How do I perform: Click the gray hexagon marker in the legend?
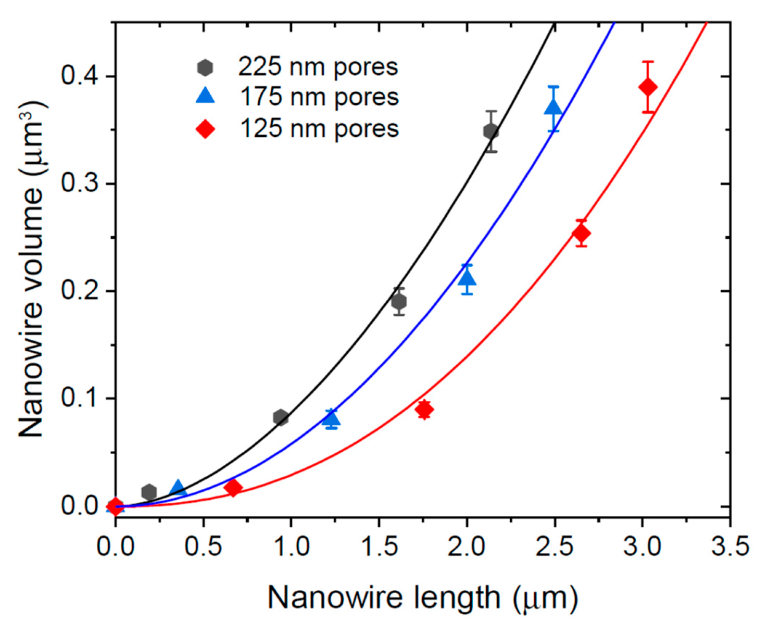[x=205, y=68]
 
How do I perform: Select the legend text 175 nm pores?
[x=319, y=97]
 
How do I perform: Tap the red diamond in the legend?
[x=205, y=129]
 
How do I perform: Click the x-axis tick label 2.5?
[x=554, y=546]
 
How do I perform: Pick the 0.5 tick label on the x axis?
[x=203, y=546]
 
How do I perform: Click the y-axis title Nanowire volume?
[x=32, y=269]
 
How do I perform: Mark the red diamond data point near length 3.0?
[x=648, y=87]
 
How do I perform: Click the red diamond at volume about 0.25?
[x=581, y=233]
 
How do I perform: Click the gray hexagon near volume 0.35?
[x=491, y=131]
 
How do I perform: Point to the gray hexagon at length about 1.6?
[x=399, y=301]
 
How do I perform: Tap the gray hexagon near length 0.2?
[x=149, y=492]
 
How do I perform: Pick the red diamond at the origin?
[x=116, y=506]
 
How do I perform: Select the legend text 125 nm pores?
[x=319, y=129]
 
